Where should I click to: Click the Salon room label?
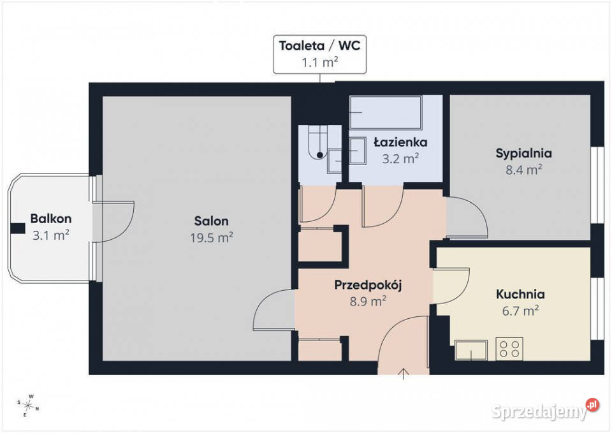211,221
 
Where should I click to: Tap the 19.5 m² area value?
212,237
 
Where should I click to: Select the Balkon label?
51,219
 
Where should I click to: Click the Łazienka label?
400,142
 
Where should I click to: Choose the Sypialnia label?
524,154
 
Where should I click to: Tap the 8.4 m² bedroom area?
524,170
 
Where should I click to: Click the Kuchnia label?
520,294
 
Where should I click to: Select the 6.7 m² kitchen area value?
521,311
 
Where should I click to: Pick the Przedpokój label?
368,286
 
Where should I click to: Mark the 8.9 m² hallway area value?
368,302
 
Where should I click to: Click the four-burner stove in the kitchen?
509,349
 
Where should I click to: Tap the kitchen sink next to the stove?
471,350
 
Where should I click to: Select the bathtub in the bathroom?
386,112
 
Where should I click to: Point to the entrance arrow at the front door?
403,374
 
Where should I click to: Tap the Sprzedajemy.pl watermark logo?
545,411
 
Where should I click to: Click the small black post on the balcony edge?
18,228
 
